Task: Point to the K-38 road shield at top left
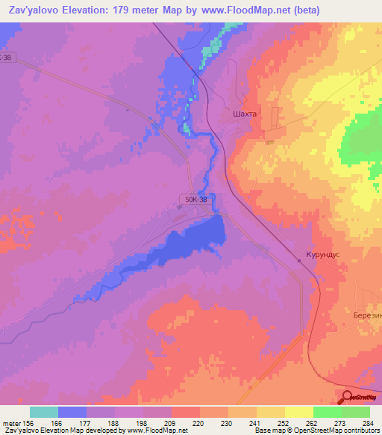(7, 57)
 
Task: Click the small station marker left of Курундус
(299, 261)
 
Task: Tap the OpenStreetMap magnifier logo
(347, 396)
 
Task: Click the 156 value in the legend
(30, 423)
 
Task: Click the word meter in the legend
(10, 423)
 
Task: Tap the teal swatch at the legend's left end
(44, 412)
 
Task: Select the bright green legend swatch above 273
(327, 412)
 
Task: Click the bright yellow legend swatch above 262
(298, 412)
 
